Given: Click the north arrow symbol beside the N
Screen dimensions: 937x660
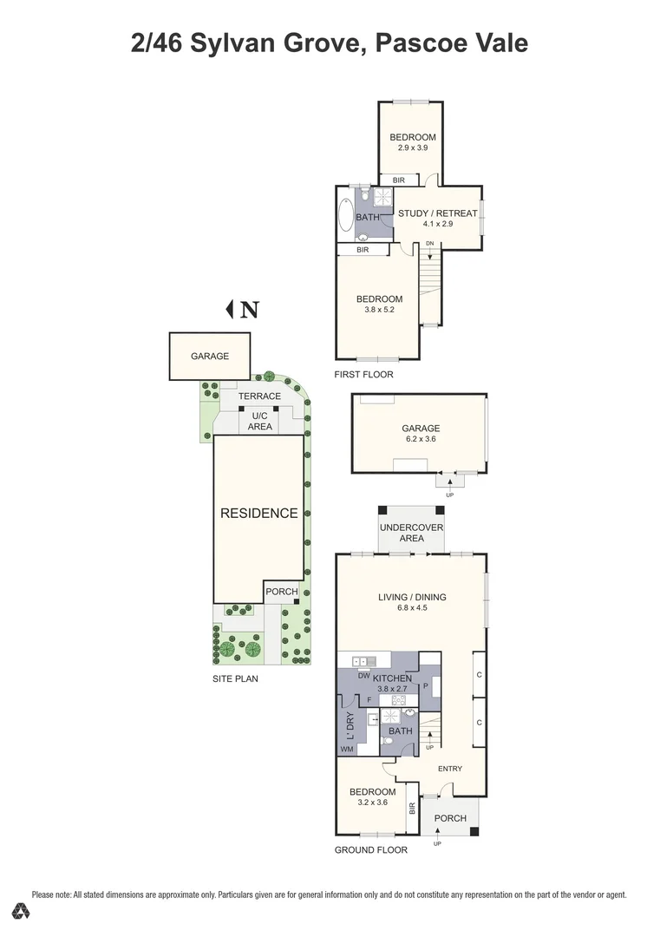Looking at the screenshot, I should pyautogui.click(x=231, y=308).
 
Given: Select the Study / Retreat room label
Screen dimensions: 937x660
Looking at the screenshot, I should pyautogui.click(x=437, y=213).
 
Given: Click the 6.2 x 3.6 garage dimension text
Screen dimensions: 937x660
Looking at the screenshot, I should pyautogui.click(x=421, y=439).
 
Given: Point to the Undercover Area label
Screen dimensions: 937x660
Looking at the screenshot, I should pyautogui.click(x=412, y=533).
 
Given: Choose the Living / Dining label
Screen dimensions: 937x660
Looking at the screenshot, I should pyautogui.click(x=412, y=596).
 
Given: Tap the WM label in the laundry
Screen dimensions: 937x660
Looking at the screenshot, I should pyautogui.click(x=347, y=749).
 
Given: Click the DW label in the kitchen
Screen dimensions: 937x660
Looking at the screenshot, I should pyautogui.click(x=364, y=675).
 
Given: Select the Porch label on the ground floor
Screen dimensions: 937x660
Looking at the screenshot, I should pyautogui.click(x=449, y=818).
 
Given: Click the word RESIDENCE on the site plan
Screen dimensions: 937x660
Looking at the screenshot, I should pyautogui.click(x=258, y=513).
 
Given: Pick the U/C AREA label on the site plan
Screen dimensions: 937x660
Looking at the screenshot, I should pyautogui.click(x=259, y=421).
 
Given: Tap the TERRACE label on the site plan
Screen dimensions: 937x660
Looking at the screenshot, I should pyautogui.click(x=260, y=396).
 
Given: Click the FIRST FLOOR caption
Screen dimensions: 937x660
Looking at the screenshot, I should pyautogui.click(x=363, y=375).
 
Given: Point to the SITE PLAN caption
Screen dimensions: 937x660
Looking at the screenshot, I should pyautogui.click(x=235, y=678).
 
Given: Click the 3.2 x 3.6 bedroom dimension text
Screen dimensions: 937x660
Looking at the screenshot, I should pyautogui.click(x=373, y=803).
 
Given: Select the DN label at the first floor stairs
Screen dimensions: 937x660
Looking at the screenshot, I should pyautogui.click(x=429, y=243).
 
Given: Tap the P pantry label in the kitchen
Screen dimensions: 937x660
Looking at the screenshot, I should pyautogui.click(x=427, y=685).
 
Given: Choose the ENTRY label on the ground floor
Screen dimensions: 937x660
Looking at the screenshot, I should pyautogui.click(x=449, y=769).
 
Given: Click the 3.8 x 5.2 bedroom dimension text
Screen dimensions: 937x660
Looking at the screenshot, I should pyautogui.click(x=379, y=310).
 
